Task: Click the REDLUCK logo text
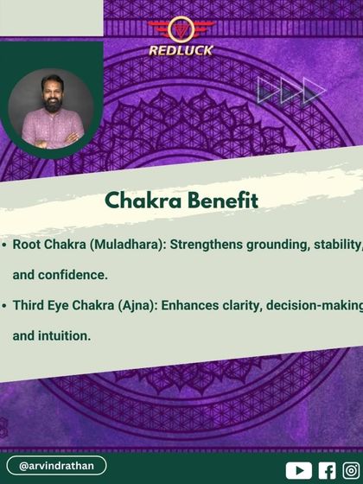[181, 50]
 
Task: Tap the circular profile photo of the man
[47, 111]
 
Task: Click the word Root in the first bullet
[29, 245]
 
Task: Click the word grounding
[277, 245]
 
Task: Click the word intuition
[64, 335]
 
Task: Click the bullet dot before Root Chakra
[5, 245]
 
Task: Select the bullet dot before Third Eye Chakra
[5, 306]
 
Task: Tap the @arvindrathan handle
[57, 466]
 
